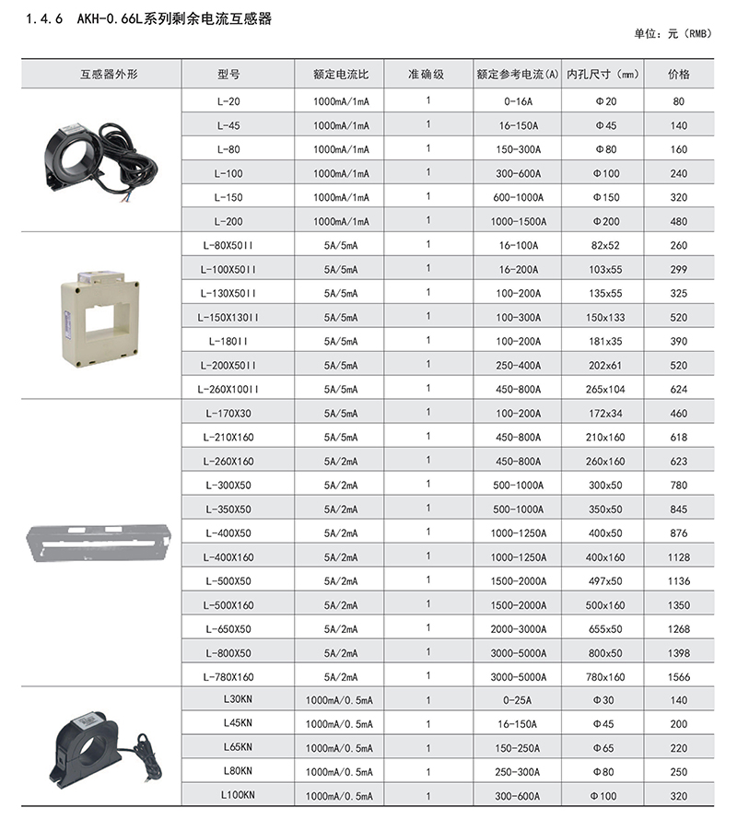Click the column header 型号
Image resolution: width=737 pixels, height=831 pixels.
(228, 74)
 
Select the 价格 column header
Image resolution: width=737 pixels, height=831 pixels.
(679, 74)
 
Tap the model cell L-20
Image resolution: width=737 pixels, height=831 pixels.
(228, 101)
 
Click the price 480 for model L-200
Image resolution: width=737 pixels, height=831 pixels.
(679, 221)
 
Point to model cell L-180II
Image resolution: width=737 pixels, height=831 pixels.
(228, 341)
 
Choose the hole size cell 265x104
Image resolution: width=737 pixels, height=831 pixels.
(604, 389)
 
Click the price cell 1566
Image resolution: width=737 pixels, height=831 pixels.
(679, 676)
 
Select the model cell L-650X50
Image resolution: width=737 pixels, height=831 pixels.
(228, 628)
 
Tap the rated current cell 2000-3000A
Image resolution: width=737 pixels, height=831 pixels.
(519, 628)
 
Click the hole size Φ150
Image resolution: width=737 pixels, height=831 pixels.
(604, 197)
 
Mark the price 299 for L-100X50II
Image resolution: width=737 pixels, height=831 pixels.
(679, 269)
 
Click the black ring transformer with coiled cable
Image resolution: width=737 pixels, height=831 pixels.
(100, 159)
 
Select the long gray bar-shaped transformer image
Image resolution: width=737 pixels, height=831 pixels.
(101, 543)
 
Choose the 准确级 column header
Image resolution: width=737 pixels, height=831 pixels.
(427, 74)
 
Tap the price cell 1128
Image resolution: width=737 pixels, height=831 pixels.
(679, 556)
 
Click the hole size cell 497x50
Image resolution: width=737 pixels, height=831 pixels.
(604, 580)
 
